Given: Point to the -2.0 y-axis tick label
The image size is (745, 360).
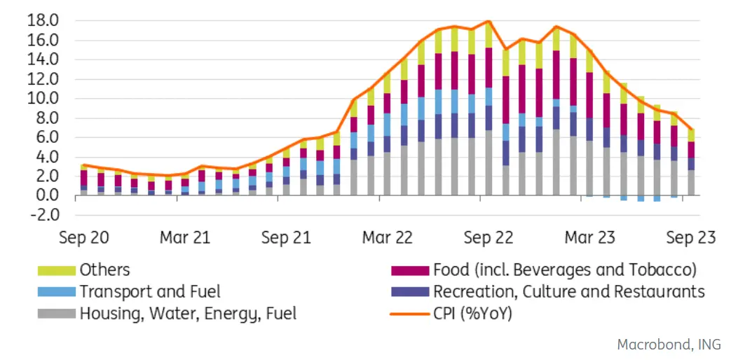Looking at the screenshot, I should [x=44, y=215].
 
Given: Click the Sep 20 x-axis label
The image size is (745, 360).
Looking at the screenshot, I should [x=83, y=237].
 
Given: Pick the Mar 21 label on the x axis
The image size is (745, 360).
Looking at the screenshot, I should [x=185, y=237].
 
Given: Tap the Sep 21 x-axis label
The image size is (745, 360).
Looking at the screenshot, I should [x=286, y=237].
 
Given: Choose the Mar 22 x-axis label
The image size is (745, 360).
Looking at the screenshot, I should [x=387, y=237].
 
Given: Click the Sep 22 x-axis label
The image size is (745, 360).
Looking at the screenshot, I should [x=488, y=237].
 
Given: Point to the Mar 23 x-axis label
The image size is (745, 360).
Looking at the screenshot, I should [x=590, y=237].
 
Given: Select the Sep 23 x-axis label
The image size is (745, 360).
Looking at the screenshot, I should [x=691, y=237].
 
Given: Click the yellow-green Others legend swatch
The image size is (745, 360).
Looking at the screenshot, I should [x=56, y=270].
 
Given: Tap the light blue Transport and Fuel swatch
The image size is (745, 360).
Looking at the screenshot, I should [x=56, y=291].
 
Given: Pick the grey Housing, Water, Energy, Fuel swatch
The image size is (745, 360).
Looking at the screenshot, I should [x=56, y=313].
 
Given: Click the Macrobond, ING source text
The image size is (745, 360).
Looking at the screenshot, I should [x=669, y=345].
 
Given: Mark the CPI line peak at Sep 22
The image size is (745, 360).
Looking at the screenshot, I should [x=488, y=21].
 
